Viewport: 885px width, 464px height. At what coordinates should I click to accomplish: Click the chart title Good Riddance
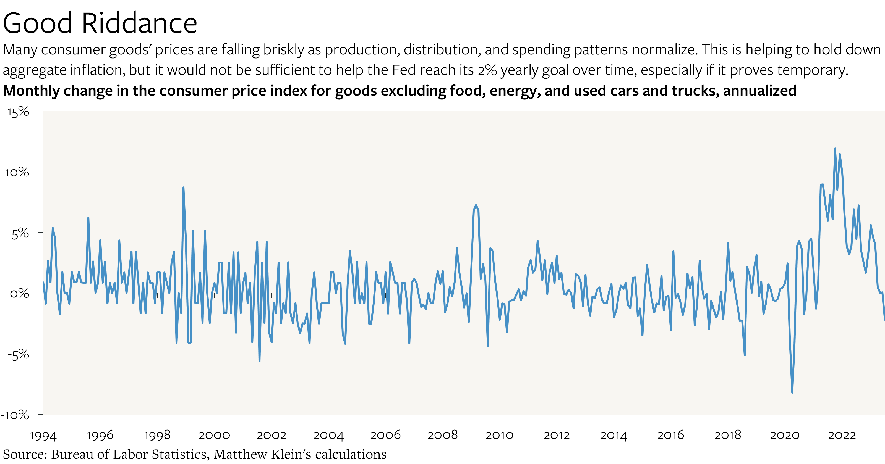point(100,23)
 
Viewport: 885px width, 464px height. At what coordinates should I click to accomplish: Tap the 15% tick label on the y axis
point(18,112)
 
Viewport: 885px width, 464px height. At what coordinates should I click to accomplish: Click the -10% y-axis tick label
point(15,415)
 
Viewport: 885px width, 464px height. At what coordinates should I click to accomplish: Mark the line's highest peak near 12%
point(835,149)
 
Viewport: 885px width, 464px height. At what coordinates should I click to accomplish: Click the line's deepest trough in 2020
point(792,392)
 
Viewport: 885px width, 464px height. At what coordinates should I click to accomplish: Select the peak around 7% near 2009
point(476,205)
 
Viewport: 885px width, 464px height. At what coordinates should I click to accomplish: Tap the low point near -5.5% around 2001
point(259,361)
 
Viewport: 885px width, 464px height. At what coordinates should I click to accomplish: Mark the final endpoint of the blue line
point(884,320)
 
